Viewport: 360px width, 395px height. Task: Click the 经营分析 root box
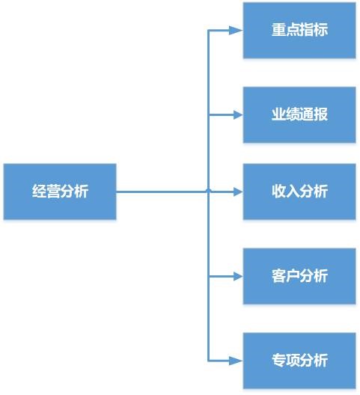coord(60,192)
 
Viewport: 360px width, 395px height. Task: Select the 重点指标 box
coord(299,30)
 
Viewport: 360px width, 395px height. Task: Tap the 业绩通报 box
coord(299,115)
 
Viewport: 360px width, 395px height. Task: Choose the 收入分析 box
coord(299,192)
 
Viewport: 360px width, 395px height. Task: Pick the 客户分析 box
coord(299,276)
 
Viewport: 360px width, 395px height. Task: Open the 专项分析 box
coord(299,361)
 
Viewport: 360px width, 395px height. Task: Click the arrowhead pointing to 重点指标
coord(236,30)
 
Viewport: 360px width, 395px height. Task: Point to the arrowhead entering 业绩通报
coord(238,115)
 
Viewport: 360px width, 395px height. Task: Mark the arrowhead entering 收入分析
coord(238,192)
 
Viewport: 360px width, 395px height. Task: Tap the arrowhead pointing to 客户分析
coord(238,276)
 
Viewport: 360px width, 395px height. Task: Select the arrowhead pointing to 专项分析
coord(236,361)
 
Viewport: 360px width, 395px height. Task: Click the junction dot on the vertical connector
coord(208,191)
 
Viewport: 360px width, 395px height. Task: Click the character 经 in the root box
coord(39,192)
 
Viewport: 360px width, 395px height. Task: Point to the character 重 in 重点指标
coord(278,29)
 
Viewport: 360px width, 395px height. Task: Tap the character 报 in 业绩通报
coord(320,114)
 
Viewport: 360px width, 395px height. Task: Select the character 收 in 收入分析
coord(278,191)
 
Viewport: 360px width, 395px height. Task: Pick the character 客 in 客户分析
coord(278,275)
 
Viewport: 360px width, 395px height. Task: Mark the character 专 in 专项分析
coord(278,361)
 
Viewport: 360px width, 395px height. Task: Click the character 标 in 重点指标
coord(320,29)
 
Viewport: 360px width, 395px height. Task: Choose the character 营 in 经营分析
coord(53,192)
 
